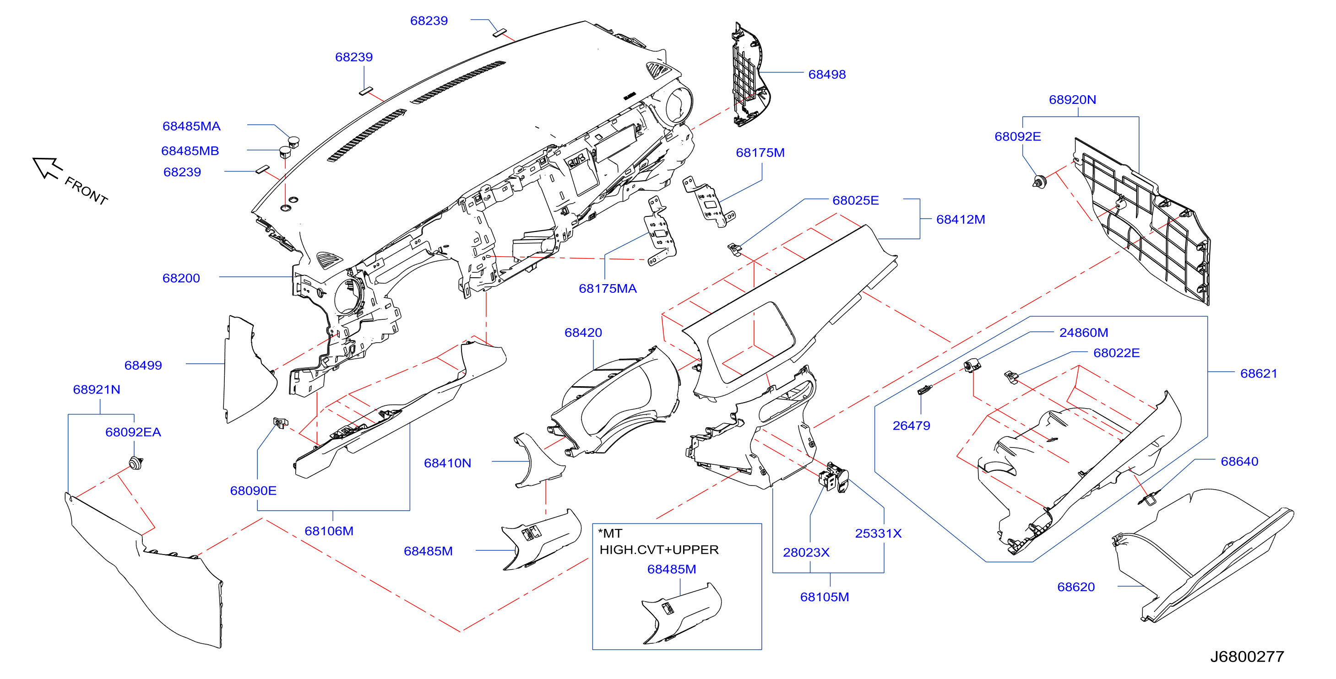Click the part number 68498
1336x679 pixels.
coord(827,75)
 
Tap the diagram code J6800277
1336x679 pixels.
coord(1247,657)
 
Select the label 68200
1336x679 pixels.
coord(181,278)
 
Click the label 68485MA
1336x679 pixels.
coord(191,126)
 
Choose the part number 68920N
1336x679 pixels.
coord(1072,100)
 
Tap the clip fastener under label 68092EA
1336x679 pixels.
coord(136,463)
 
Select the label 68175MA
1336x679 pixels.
coord(607,289)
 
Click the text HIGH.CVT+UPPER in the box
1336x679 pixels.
coord(659,550)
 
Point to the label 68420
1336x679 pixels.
coord(583,333)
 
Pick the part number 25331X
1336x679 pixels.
coord(878,533)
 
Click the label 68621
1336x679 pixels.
coord(1258,374)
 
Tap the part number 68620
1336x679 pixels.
coord(1075,587)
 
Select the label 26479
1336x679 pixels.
coord(911,426)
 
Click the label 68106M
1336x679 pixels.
coord(329,531)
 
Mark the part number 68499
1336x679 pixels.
coord(143,366)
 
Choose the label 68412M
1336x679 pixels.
coord(961,220)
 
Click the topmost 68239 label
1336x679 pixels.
coord(429,21)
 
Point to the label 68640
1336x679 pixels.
coord(1239,461)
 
